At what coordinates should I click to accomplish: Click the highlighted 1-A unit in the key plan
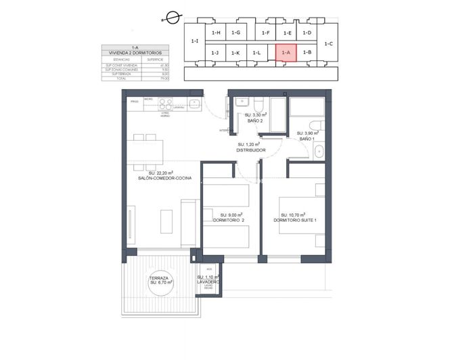286,52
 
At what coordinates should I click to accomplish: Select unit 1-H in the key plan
216,32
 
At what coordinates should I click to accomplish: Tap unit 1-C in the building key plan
328,43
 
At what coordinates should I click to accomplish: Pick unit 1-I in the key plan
195,41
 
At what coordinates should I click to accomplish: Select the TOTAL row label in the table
112,79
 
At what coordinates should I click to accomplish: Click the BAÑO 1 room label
307,138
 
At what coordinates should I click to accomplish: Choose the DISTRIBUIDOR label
250,150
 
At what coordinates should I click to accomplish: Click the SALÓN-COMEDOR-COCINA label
164,178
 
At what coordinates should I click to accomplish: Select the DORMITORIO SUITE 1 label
295,220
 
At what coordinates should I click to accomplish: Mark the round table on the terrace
160,288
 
